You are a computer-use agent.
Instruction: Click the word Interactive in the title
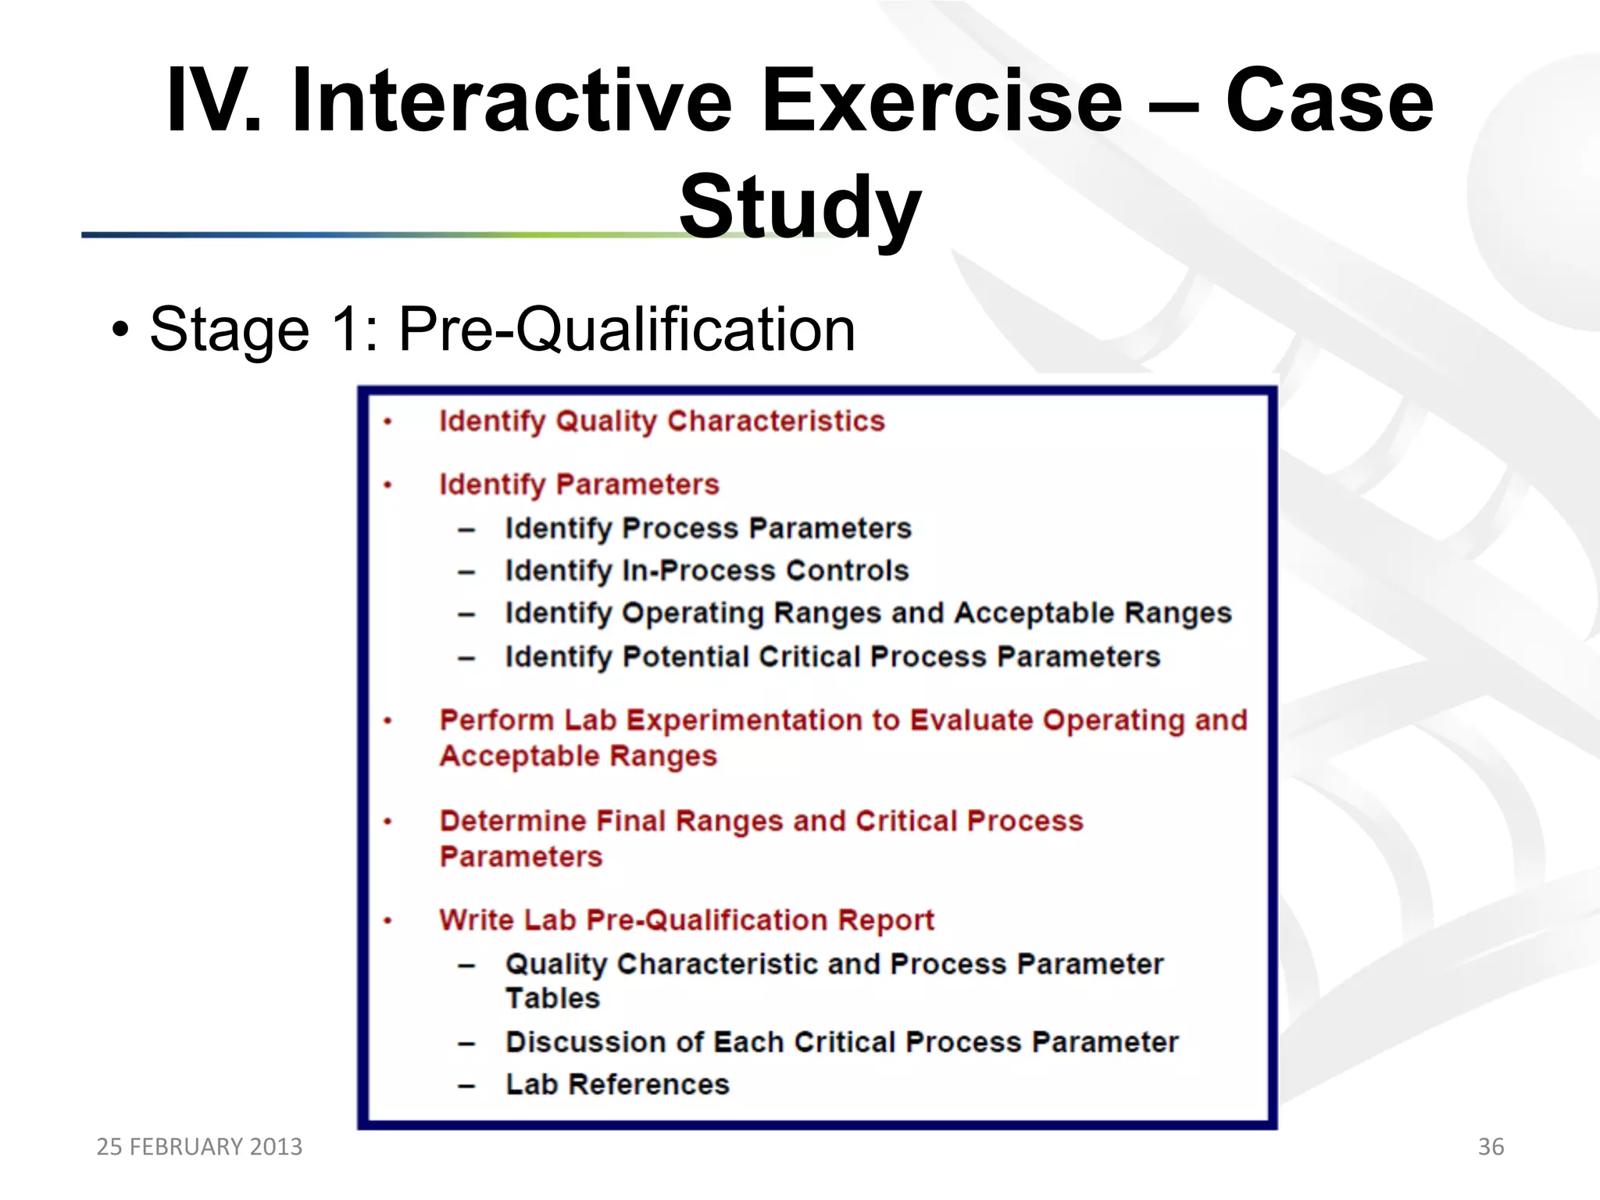[511, 102]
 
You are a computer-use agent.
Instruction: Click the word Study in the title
[799, 207]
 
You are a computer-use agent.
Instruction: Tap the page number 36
[1491, 1146]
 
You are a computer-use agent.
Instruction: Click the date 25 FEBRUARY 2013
[199, 1146]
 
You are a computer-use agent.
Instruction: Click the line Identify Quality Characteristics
[662, 421]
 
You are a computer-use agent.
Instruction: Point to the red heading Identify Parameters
[579, 484]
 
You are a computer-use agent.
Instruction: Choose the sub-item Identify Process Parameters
[708, 528]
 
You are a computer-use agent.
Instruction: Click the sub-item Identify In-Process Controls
[706, 570]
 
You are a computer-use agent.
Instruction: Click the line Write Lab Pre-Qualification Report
[686, 920]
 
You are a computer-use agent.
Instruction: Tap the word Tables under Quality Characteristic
[552, 998]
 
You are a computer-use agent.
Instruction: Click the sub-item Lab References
[617, 1084]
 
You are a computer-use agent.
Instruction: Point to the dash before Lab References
[466, 1086]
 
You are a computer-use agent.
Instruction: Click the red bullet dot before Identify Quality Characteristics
[387, 423]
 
